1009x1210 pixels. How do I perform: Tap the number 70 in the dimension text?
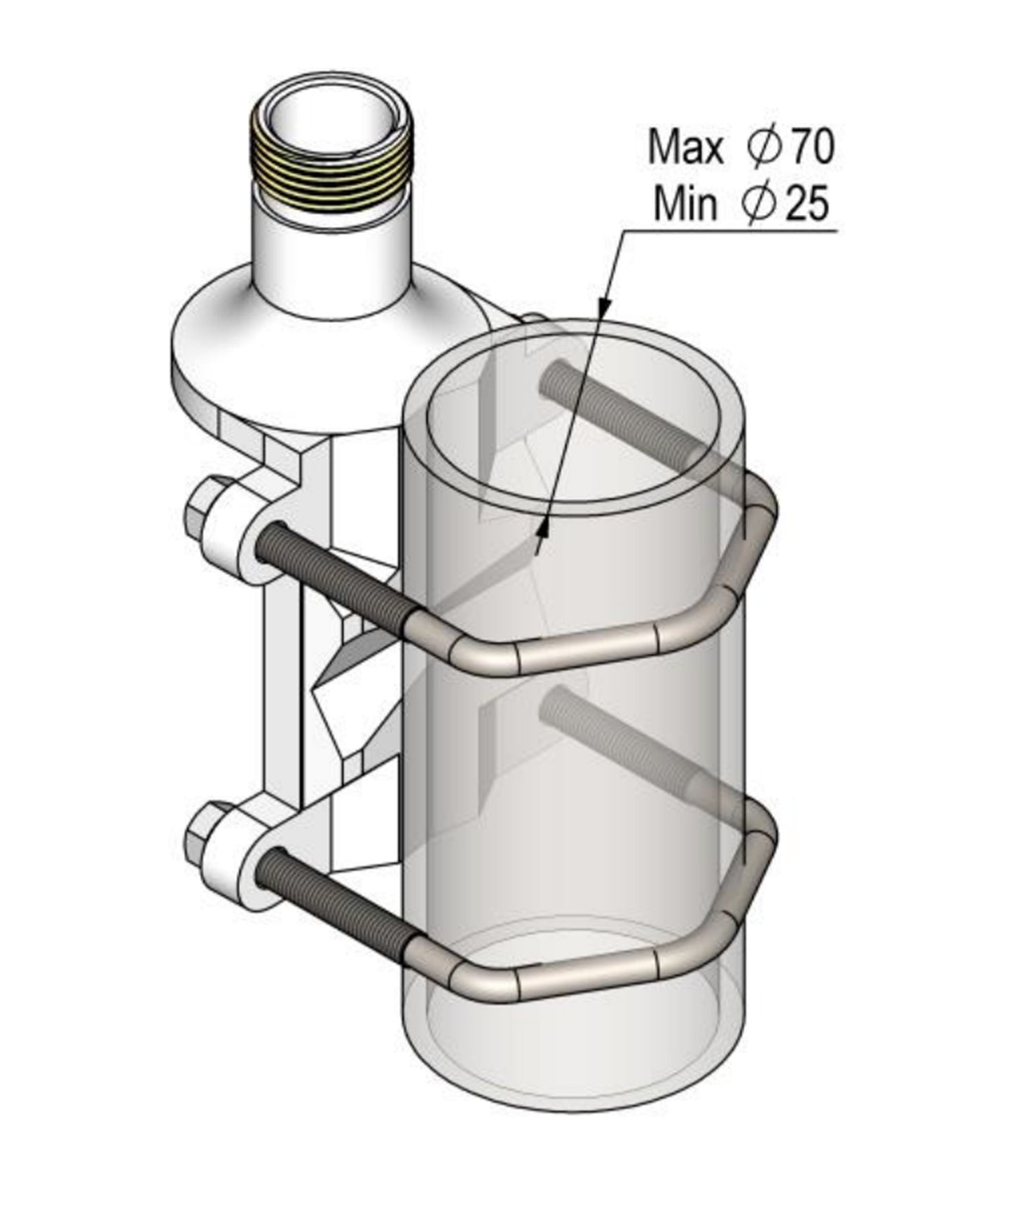pyautogui.click(x=811, y=148)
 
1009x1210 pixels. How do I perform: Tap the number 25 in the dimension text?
pyautogui.click(x=806, y=204)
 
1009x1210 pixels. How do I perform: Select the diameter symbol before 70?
pyautogui.click(x=763, y=148)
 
